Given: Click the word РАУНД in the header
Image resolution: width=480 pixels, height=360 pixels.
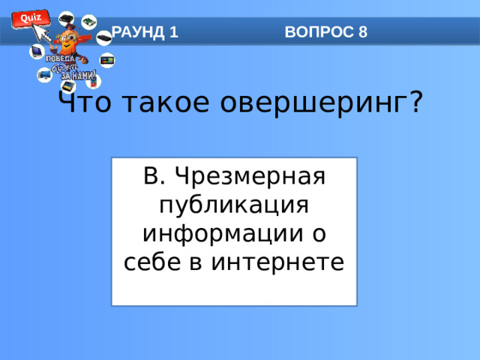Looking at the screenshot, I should (x=139, y=32).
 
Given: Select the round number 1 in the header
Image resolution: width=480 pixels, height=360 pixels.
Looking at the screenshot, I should (x=174, y=32).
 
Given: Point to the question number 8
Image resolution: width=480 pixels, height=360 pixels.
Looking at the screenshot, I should (x=363, y=32).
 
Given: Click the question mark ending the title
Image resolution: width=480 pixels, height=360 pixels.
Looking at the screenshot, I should (x=415, y=102).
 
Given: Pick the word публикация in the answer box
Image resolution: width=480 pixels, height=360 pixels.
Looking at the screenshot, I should (x=234, y=205).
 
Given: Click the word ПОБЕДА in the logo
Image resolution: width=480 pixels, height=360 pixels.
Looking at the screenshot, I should (x=60, y=59).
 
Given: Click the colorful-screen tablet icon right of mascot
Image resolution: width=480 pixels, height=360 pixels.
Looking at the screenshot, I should (x=107, y=60).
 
